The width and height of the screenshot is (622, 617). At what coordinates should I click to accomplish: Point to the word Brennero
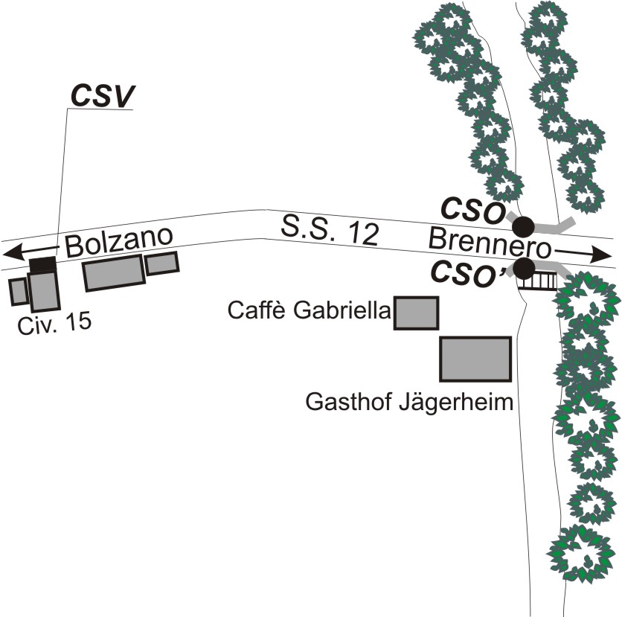coord(489,241)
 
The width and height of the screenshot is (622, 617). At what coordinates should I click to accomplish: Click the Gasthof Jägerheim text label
coord(410,404)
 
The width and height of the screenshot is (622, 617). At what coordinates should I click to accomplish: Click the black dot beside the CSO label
coord(525,223)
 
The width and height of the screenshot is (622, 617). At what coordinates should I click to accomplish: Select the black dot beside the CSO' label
coord(525,267)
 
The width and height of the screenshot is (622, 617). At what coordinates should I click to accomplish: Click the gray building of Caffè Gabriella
coord(416,312)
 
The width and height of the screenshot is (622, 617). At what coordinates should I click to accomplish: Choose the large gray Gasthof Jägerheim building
coord(475,359)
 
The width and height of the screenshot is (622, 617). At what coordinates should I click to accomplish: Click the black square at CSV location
coord(43,264)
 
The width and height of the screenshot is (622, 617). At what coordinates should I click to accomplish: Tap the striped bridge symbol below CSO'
coord(540,281)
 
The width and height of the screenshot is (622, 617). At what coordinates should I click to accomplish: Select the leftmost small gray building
coord(19,291)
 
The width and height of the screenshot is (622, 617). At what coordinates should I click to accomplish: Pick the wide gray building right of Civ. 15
coord(113,273)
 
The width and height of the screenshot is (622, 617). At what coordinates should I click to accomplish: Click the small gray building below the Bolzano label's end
coord(161,263)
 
